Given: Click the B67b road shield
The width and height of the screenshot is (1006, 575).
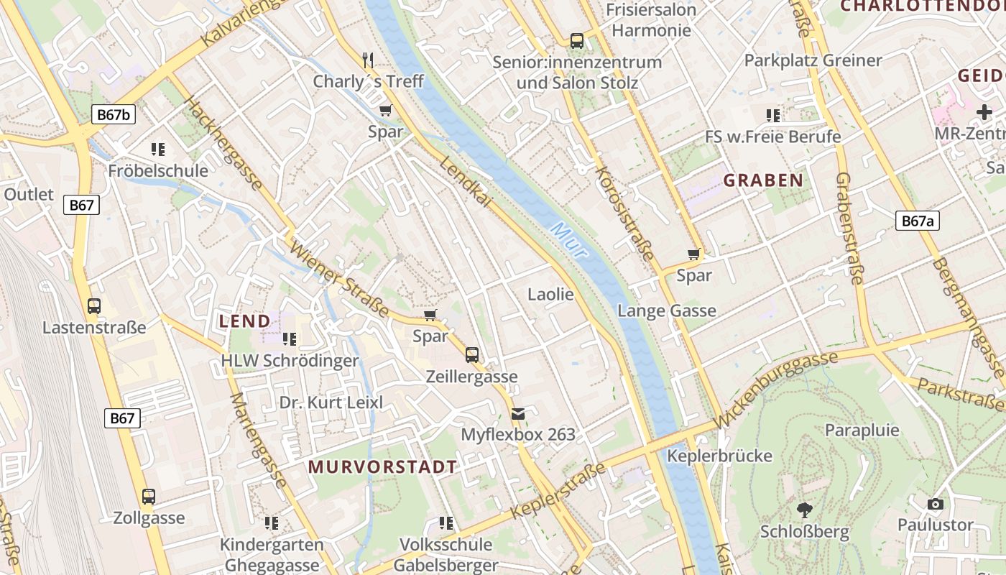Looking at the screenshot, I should [x=114, y=114].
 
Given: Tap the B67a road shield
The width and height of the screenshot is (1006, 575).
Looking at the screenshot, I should [x=918, y=221].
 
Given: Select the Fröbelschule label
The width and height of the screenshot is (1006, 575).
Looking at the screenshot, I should [x=158, y=170].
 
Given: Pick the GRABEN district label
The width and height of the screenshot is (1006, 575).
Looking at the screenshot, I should [x=762, y=180].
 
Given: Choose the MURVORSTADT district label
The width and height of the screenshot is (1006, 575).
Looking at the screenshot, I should [x=382, y=466].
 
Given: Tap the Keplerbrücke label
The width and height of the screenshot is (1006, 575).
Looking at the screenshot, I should [x=719, y=456].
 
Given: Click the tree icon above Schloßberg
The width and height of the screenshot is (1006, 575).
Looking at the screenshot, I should [x=805, y=510].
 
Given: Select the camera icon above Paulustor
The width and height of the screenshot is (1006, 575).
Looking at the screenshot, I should [x=935, y=504].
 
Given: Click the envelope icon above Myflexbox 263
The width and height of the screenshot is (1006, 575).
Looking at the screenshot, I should [x=518, y=414].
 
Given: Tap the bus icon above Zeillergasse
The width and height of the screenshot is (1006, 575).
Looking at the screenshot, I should [x=472, y=354].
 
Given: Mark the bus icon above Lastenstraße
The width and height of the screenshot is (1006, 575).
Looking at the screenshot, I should [x=94, y=306].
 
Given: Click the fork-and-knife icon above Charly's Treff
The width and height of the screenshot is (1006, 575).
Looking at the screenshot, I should [x=368, y=60].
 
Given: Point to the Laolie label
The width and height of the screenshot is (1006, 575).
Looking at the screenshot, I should [x=550, y=294].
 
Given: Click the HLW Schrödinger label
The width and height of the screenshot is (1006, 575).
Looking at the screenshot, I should [x=290, y=360].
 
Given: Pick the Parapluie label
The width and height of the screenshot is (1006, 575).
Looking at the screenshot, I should [x=862, y=430].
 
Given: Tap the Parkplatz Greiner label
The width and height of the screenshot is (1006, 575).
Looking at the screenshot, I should [x=813, y=60].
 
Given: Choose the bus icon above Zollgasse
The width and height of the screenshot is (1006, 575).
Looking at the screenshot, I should [x=149, y=497].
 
